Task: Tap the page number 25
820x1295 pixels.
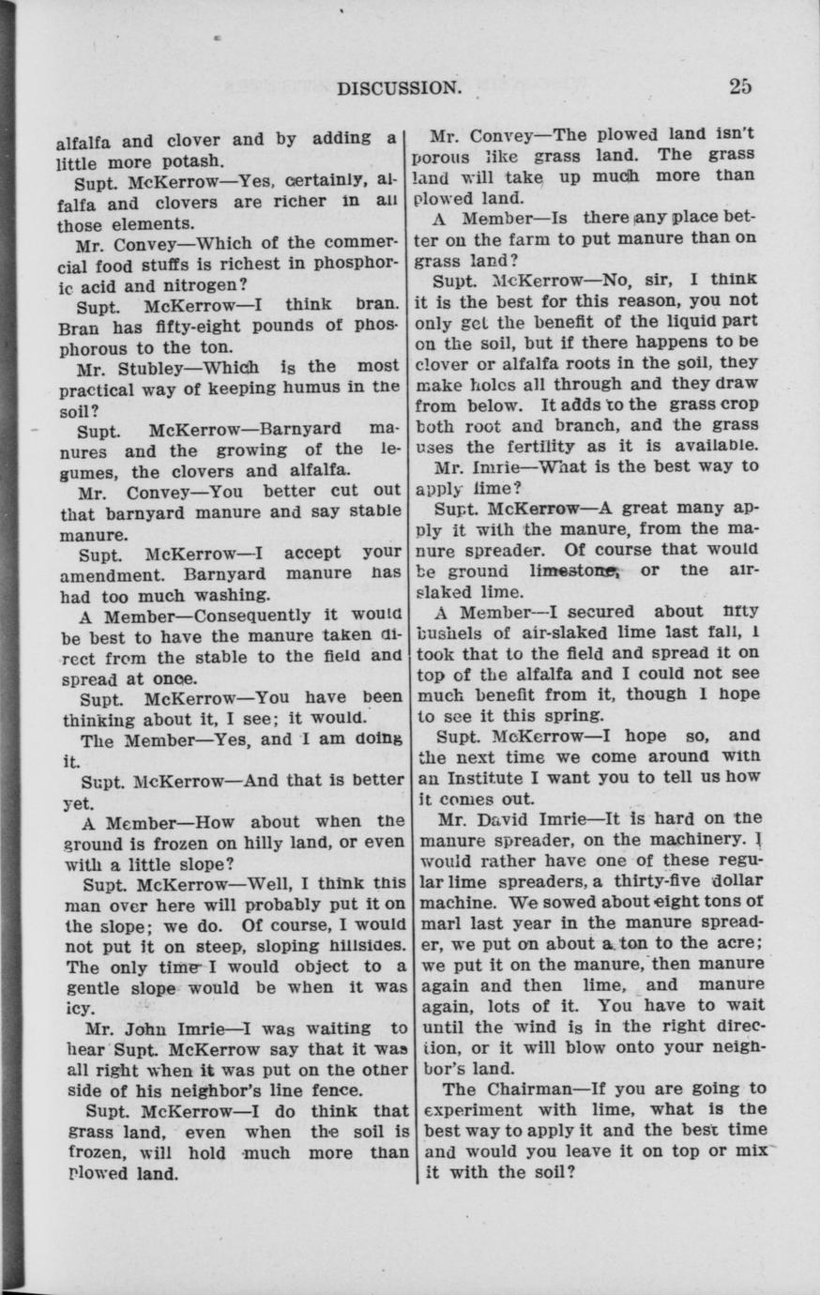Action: click(740, 86)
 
